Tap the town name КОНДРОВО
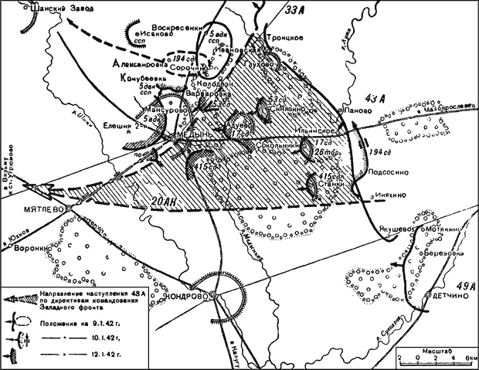pos(189,297)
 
